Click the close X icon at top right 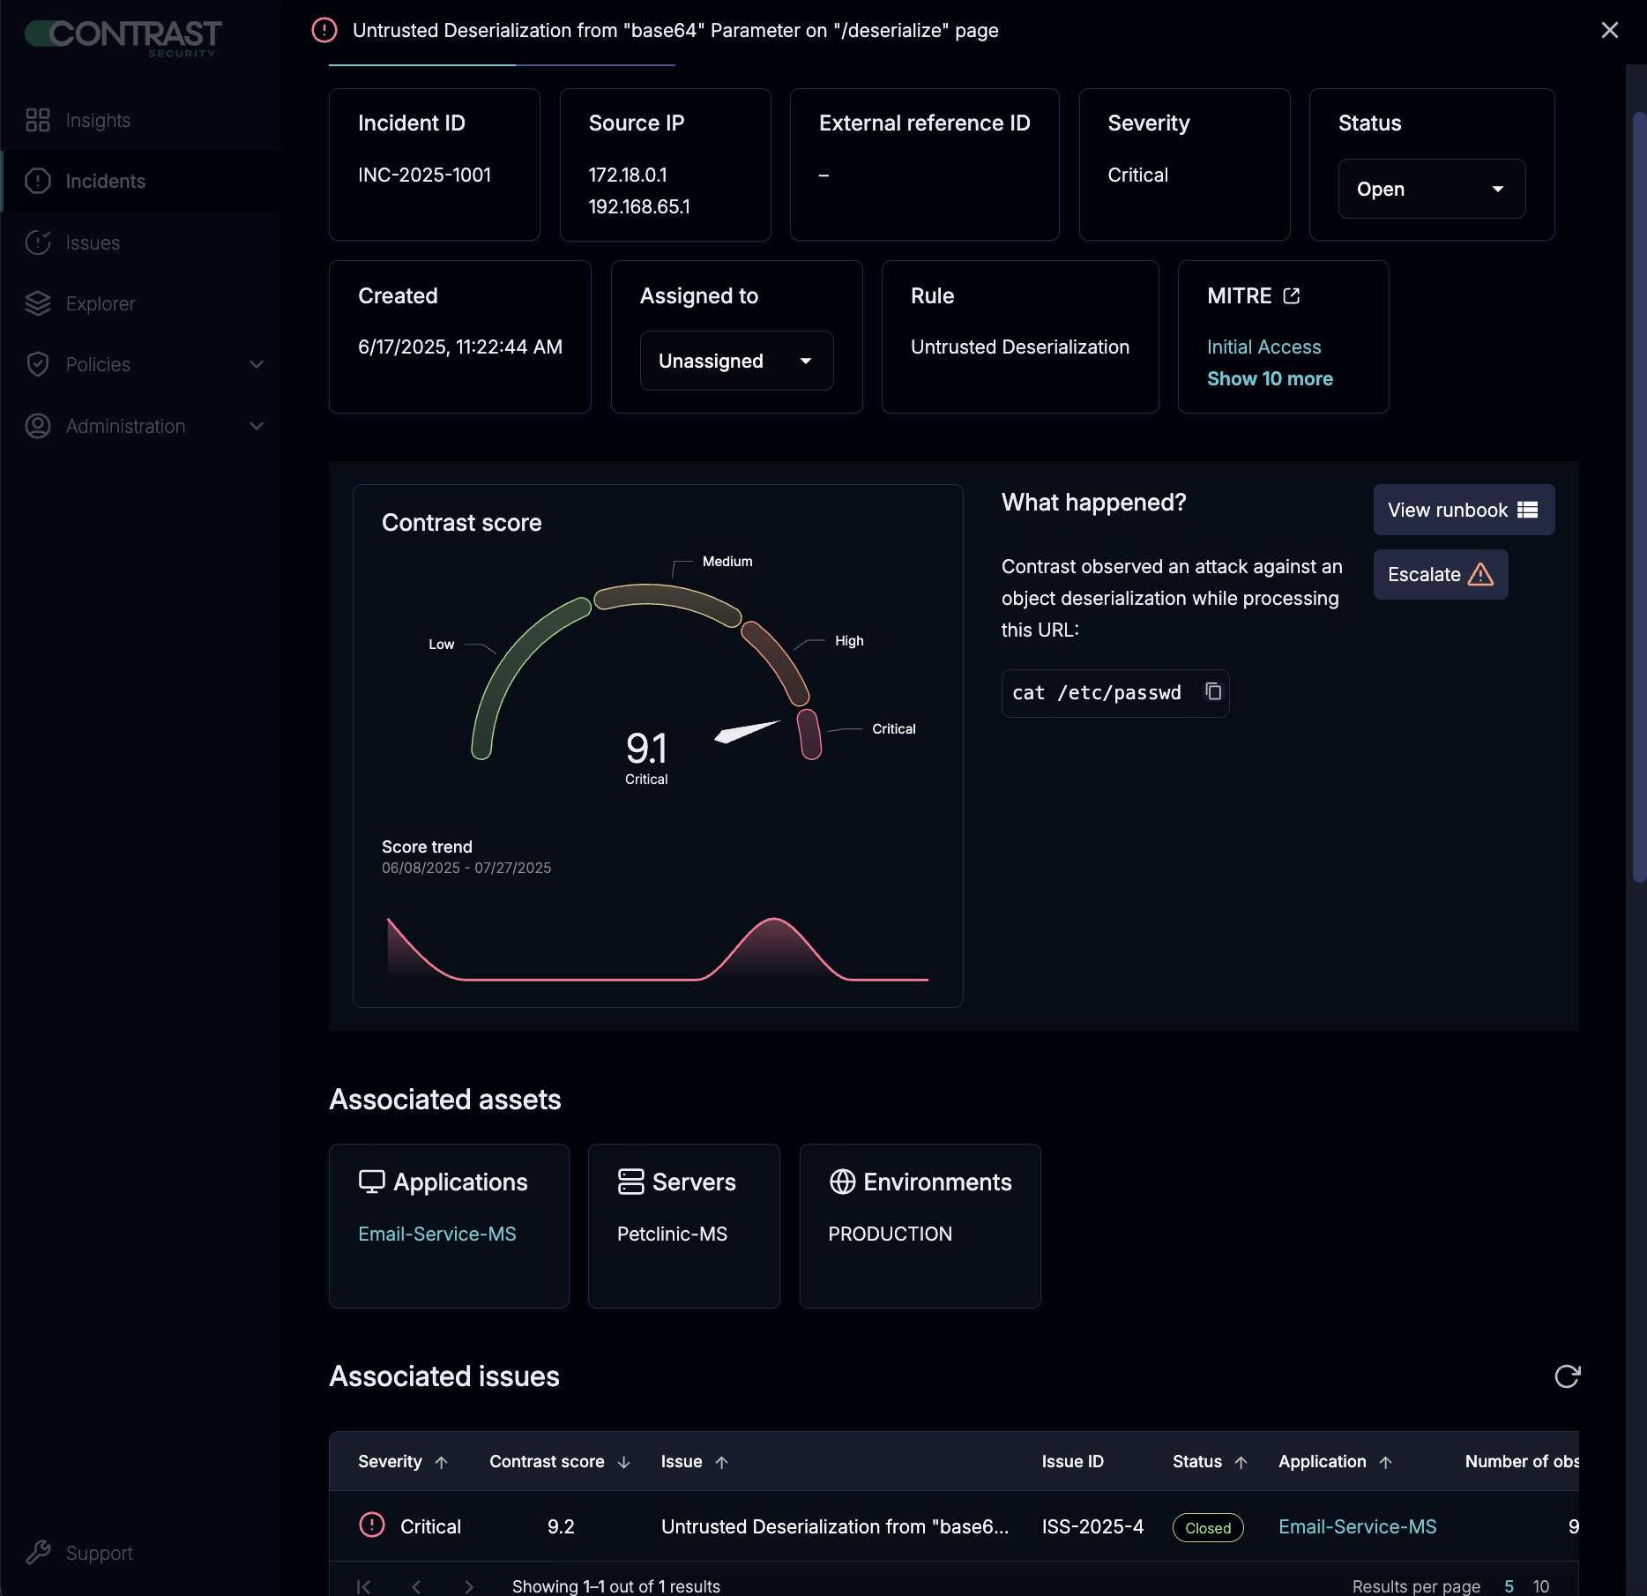(1609, 31)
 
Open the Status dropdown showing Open (1431, 189)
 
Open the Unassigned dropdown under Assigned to (735, 361)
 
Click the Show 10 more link (1269, 378)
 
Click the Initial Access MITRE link (1263, 347)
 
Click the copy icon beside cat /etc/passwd (1213, 692)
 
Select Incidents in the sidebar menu (105, 181)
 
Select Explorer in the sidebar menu (100, 303)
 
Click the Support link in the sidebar (99, 1553)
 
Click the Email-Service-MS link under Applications (436, 1234)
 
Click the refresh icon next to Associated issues (1567, 1376)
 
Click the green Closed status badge (1207, 1527)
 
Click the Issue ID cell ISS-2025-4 (1092, 1526)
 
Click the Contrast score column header (547, 1461)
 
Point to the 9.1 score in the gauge (646, 749)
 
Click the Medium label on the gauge (727, 562)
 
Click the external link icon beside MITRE (1292, 296)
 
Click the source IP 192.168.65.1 (638, 206)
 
